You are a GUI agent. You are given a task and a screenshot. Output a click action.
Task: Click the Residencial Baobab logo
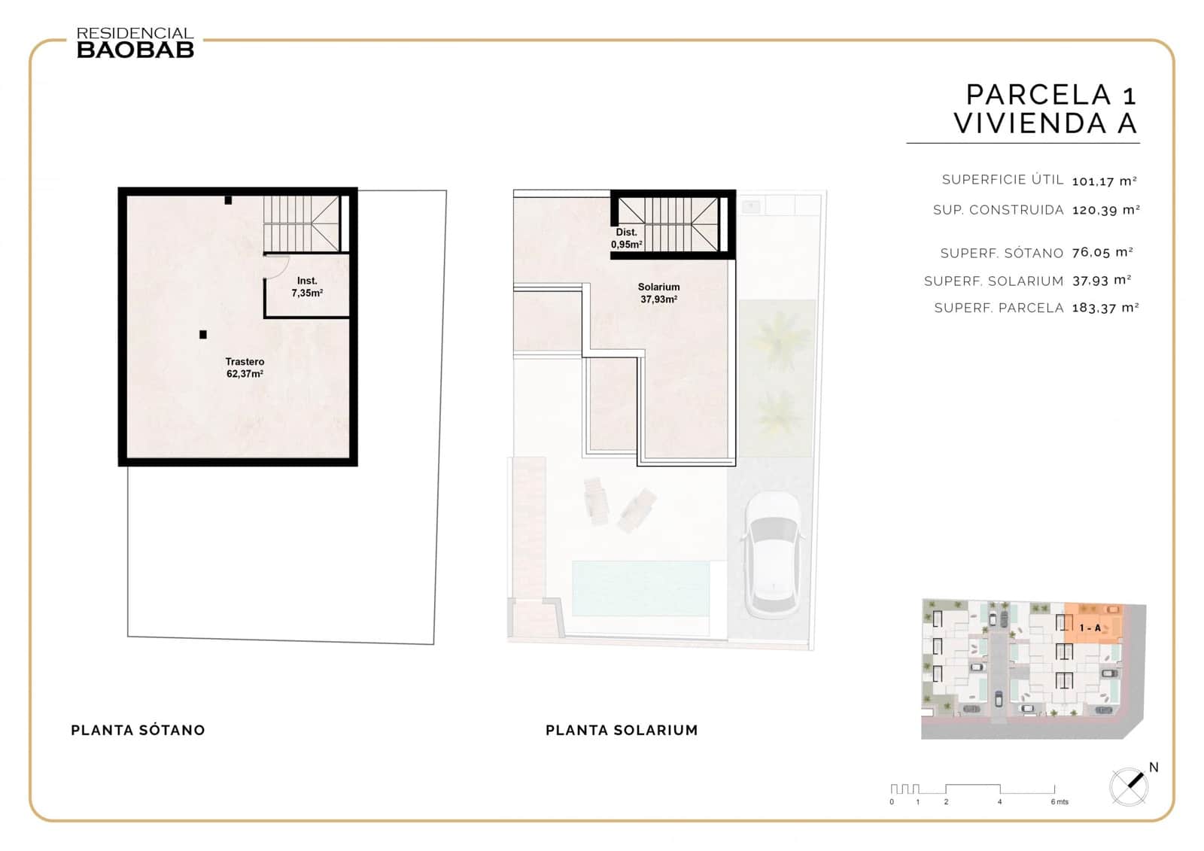pyautogui.click(x=135, y=43)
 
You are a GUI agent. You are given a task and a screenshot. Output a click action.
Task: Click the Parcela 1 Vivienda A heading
pyautogui.click(x=1045, y=109)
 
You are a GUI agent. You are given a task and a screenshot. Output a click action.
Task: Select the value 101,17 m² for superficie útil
pyautogui.click(x=1104, y=181)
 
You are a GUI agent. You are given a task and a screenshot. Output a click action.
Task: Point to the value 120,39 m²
pyautogui.click(x=1105, y=211)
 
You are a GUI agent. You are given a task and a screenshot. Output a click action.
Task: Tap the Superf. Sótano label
pyautogui.click(x=1001, y=254)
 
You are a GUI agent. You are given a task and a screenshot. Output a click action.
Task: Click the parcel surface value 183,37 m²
pyautogui.click(x=1105, y=308)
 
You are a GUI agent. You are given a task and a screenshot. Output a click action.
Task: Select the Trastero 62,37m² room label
pyautogui.click(x=245, y=368)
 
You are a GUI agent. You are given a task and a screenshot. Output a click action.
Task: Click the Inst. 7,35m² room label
pyautogui.click(x=307, y=287)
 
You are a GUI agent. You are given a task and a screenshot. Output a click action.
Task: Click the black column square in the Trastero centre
pyautogui.click(x=203, y=335)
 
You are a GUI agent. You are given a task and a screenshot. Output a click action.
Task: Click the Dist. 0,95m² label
pyautogui.click(x=626, y=239)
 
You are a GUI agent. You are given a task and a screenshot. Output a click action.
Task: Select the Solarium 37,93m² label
pyautogui.click(x=658, y=293)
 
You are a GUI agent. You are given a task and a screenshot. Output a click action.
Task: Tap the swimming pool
pyautogui.click(x=640, y=588)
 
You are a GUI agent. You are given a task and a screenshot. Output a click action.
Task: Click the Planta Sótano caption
pyautogui.click(x=138, y=730)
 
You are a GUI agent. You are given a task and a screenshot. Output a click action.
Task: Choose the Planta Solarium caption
pyautogui.click(x=622, y=730)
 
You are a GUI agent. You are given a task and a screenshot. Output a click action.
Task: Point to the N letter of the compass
pyautogui.click(x=1154, y=767)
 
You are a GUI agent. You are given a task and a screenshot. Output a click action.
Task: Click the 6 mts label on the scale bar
pyautogui.click(x=1060, y=802)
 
